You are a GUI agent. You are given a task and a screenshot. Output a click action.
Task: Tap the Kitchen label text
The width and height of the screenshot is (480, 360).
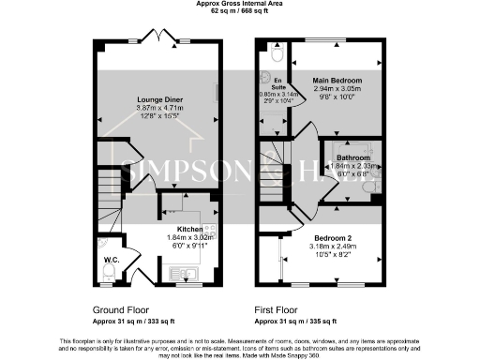click(x=191, y=228)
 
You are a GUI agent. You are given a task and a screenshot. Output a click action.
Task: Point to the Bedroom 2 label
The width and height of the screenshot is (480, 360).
click(x=333, y=238)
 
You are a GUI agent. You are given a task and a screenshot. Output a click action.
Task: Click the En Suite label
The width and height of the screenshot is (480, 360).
click(x=279, y=84)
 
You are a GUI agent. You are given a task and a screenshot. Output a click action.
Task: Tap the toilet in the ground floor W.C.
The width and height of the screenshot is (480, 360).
click(x=109, y=270)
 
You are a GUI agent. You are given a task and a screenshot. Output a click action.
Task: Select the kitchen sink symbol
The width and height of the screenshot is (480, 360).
click(x=184, y=274)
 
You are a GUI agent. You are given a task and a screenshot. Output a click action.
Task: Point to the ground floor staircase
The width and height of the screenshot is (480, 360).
click(x=111, y=198)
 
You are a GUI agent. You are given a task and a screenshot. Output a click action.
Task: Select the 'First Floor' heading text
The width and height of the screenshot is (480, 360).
click(x=280, y=309)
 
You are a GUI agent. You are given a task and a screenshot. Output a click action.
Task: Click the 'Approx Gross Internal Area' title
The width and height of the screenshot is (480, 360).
click(x=239, y=5)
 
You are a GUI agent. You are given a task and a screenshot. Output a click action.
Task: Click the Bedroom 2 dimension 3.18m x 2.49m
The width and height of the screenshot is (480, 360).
click(x=333, y=247)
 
